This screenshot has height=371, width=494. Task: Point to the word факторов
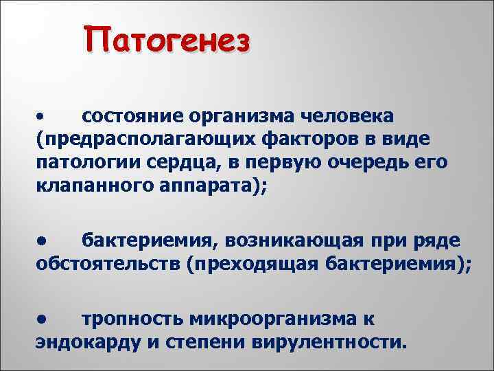coord(315,139)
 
